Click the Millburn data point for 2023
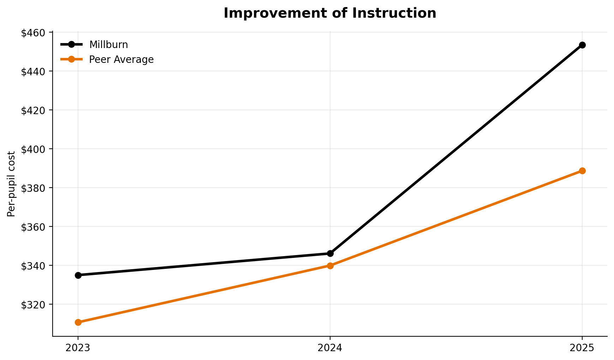point(78,275)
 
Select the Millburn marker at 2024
point(330,253)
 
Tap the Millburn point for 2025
point(582,45)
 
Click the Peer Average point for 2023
point(78,322)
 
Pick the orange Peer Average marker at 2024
point(330,266)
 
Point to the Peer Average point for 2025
point(582,171)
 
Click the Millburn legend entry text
point(108,45)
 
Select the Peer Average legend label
point(121,60)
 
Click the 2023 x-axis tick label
point(78,348)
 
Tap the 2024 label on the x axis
point(330,348)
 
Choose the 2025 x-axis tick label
point(582,348)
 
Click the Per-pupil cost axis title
point(11,184)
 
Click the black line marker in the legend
point(71,45)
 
